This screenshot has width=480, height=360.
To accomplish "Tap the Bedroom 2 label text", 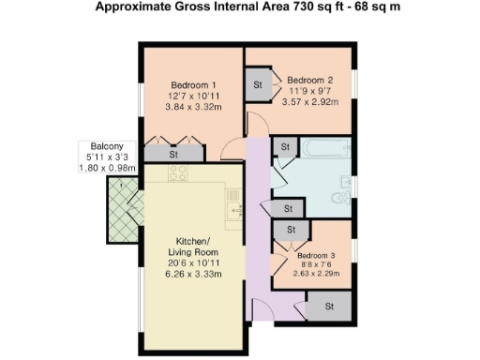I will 309,80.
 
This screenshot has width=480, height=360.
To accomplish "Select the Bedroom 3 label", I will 318,255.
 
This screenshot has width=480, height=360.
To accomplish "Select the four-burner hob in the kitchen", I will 179,172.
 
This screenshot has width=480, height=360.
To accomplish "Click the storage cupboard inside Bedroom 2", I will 258,84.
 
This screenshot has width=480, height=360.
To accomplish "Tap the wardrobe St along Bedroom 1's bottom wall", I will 174,154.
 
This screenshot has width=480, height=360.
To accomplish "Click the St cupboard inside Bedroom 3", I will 290,229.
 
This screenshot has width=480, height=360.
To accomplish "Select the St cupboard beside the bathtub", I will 284,147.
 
